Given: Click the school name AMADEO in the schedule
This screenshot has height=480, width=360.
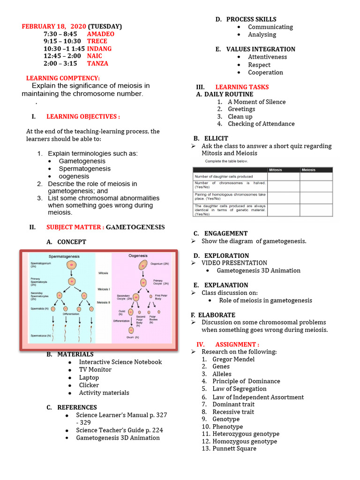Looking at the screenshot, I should (x=100, y=34).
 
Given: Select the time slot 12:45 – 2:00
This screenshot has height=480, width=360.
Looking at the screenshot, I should (x=62, y=56).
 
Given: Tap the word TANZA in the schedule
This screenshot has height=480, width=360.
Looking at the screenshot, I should (x=97, y=63).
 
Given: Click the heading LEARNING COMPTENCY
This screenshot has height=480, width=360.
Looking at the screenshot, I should (x=63, y=78).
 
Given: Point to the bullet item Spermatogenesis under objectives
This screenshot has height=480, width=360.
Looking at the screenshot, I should (x=84, y=169).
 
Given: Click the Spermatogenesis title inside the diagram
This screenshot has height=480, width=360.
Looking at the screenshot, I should (x=64, y=257).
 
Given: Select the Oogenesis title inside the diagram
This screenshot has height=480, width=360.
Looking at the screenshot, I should (x=138, y=256).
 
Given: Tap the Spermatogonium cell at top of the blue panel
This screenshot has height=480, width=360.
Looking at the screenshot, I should (x=71, y=266).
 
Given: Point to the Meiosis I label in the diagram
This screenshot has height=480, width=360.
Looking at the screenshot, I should (x=104, y=289).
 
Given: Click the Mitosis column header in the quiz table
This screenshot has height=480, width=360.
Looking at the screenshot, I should (x=275, y=170).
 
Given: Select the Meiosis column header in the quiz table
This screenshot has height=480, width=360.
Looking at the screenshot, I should (x=308, y=170).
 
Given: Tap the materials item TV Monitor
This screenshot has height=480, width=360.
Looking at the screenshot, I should (x=95, y=370).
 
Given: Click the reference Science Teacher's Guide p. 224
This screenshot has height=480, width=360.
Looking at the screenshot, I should (x=120, y=430).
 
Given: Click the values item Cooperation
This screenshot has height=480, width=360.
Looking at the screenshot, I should (x=265, y=73).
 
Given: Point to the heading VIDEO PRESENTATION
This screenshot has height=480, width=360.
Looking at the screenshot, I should (x=234, y=263).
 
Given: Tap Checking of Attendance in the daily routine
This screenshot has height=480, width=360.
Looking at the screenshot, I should (x=261, y=124).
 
